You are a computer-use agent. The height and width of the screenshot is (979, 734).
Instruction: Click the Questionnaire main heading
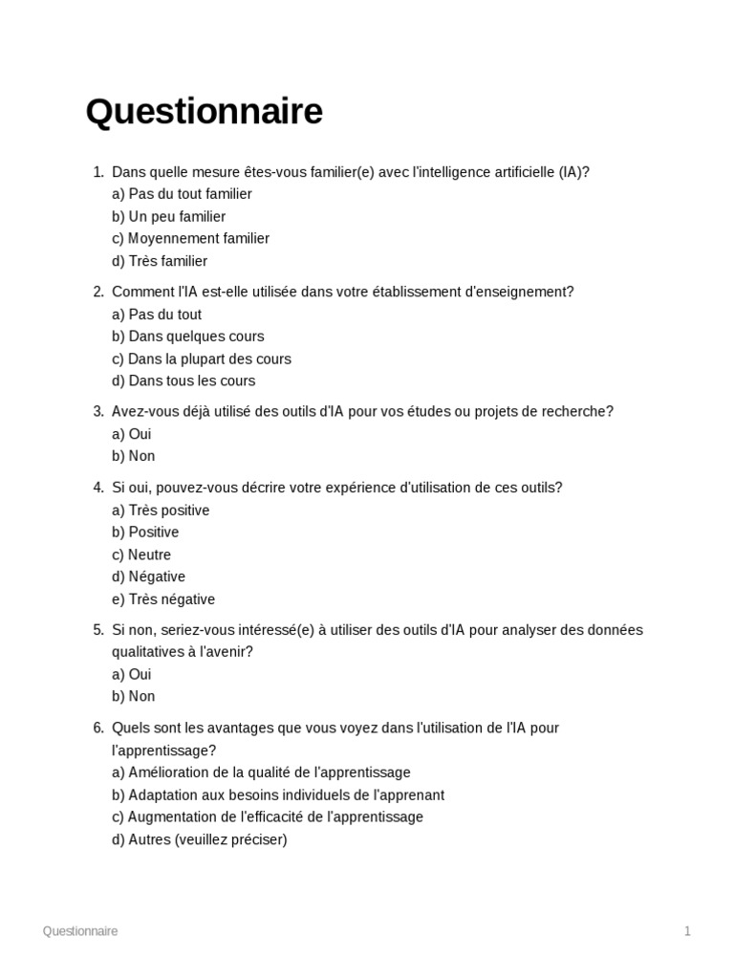(204, 112)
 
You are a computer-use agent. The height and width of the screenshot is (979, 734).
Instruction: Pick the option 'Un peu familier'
(169, 216)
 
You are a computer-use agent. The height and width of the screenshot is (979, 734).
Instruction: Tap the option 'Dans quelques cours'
(188, 337)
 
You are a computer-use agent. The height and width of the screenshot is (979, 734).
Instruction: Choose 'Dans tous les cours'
(183, 381)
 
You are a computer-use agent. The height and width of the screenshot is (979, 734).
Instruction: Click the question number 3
(97, 411)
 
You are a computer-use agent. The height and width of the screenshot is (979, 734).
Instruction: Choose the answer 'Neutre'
(141, 555)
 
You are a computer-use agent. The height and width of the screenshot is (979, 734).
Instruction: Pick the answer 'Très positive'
(161, 511)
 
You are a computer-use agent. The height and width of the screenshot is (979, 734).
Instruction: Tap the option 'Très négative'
(163, 599)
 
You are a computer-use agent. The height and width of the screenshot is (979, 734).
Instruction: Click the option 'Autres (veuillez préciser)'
(200, 839)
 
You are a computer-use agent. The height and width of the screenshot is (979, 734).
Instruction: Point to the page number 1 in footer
(687, 931)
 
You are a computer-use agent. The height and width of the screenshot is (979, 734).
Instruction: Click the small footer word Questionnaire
(80, 931)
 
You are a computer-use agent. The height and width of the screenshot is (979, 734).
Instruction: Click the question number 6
(97, 728)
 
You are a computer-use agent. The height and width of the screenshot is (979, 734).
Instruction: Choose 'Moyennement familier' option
(191, 238)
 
